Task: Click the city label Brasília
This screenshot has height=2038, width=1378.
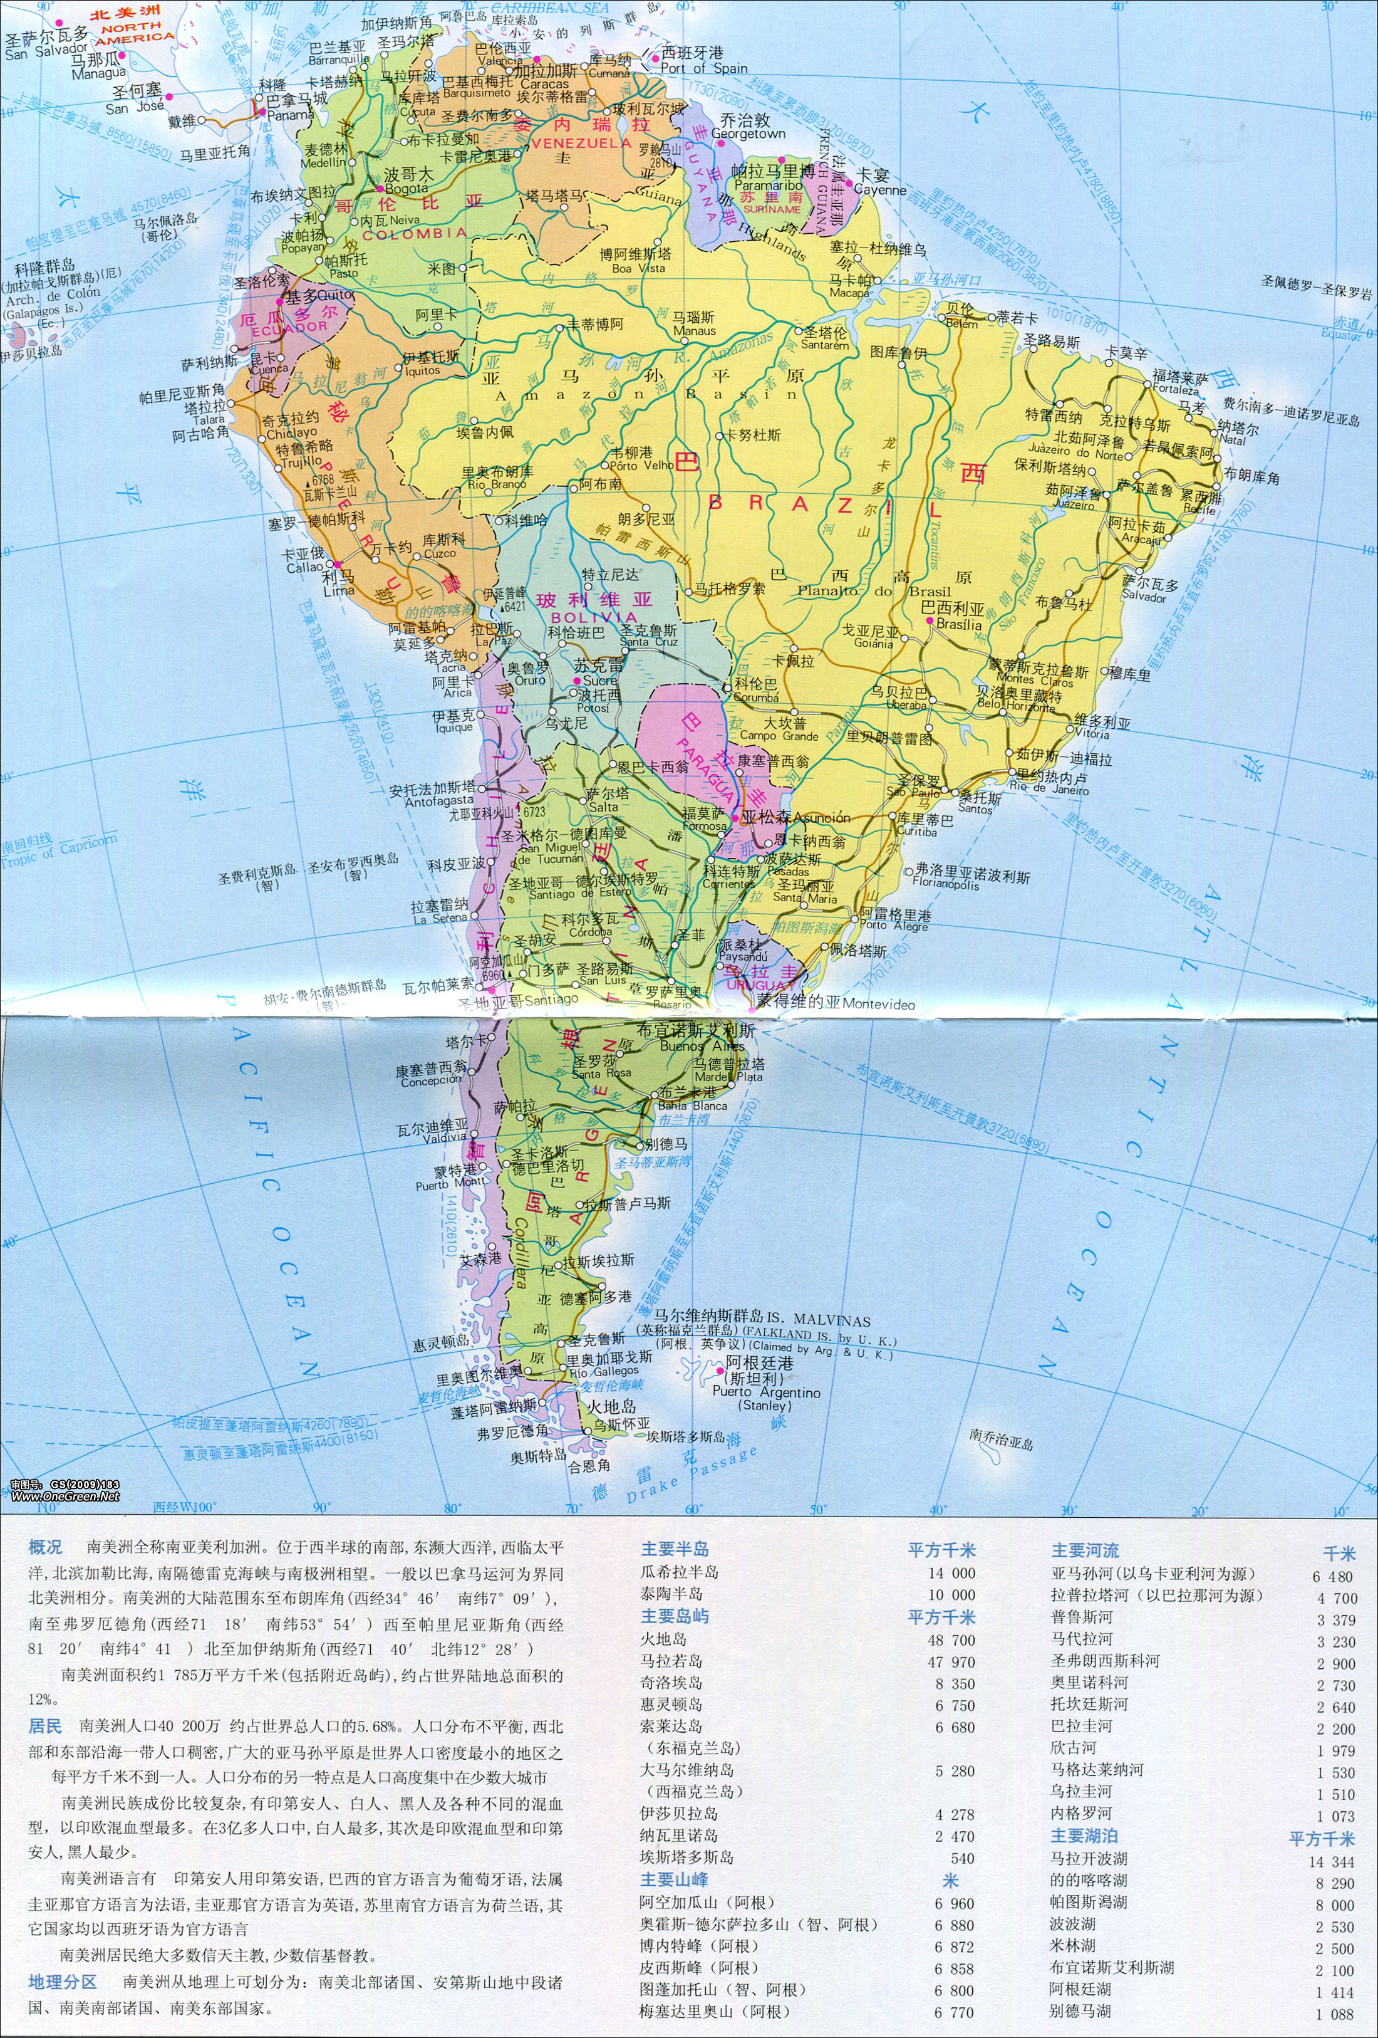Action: (959, 624)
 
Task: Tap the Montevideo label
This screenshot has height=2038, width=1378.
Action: (879, 1004)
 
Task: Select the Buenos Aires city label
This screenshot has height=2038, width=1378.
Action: (702, 1046)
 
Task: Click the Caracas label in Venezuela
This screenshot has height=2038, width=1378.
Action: (544, 84)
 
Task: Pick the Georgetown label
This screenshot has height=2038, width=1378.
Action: (748, 134)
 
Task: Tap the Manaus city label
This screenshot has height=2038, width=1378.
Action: (694, 331)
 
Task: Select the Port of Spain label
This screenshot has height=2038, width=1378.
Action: (704, 68)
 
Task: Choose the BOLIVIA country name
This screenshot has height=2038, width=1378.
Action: (594, 617)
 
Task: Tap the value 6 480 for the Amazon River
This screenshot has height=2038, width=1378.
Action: (1334, 1576)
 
